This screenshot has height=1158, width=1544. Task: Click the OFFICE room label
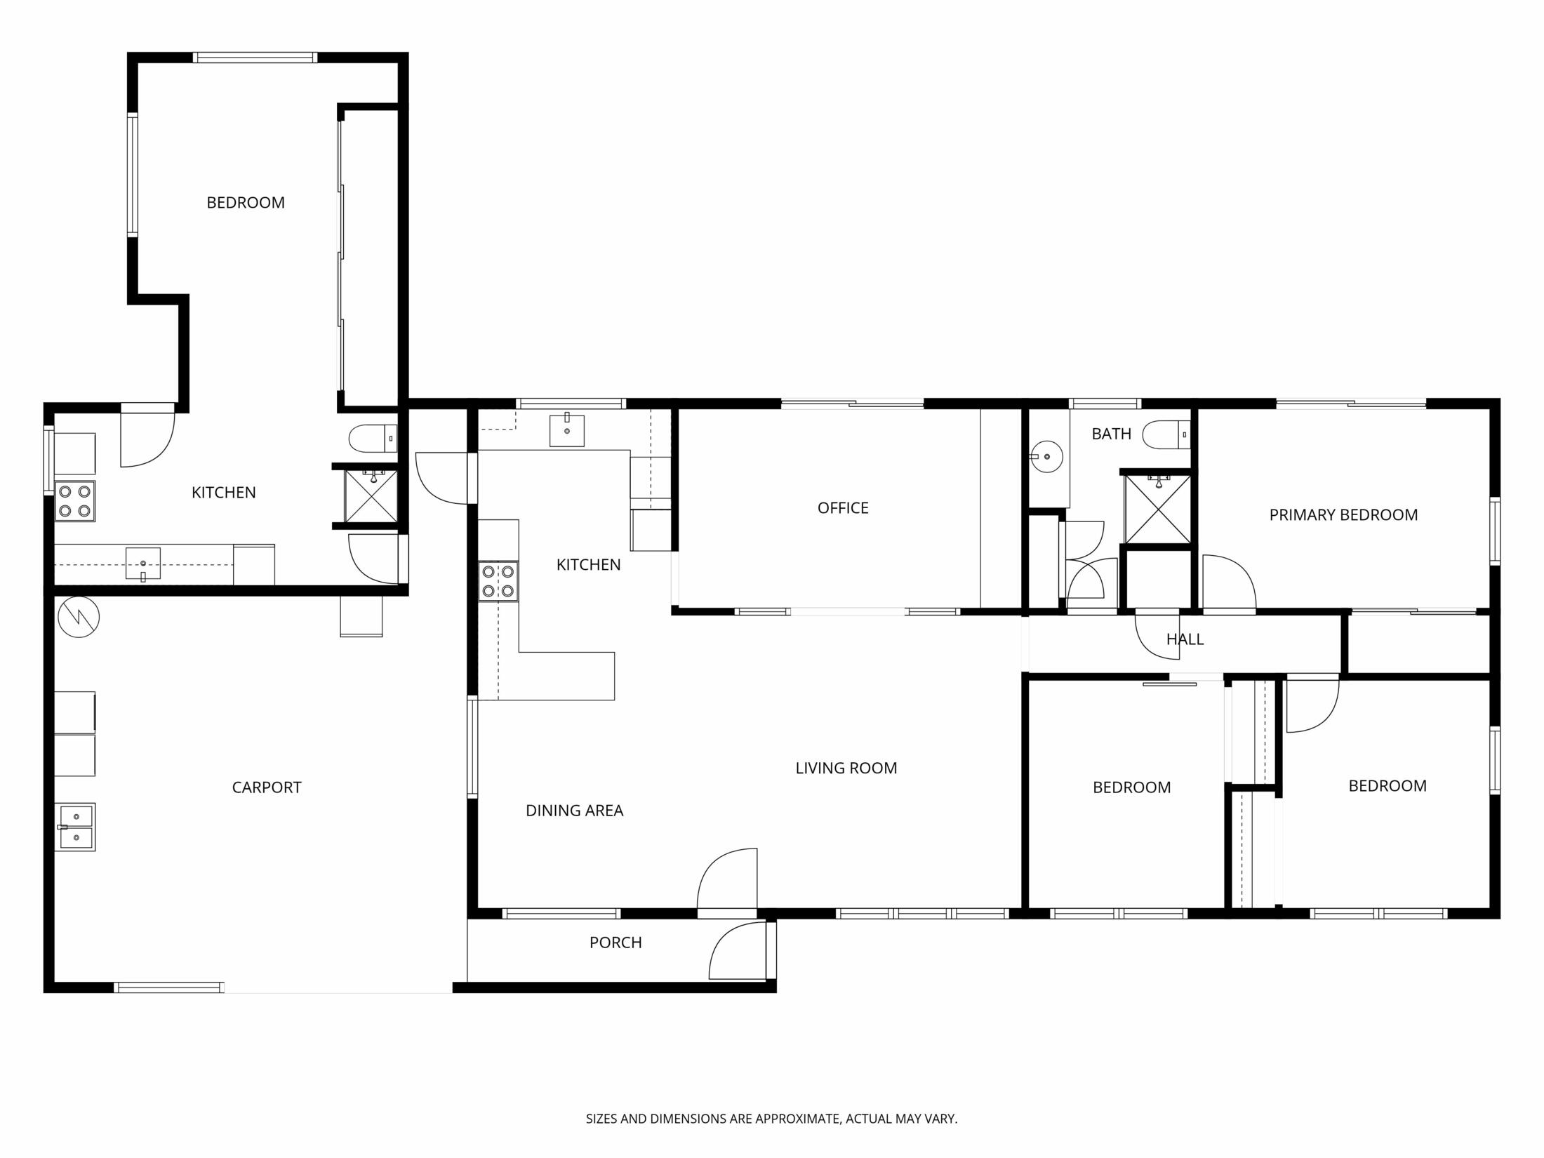pyautogui.click(x=843, y=508)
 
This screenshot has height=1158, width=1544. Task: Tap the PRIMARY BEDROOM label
pyautogui.click(x=1343, y=515)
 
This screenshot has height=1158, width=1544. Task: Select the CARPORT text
pyautogui.click(x=267, y=787)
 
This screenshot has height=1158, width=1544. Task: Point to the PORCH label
pyautogui.click(x=615, y=943)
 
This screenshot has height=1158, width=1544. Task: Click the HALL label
pyautogui.click(x=1185, y=639)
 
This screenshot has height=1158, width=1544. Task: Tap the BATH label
pyautogui.click(x=1111, y=434)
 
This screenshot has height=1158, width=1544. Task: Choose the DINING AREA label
pyautogui.click(x=574, y=811)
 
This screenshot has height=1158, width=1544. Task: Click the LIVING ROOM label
pyautogui.click(x=846, y=768)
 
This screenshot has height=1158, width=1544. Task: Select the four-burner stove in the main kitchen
pyautogui.click(x=498, y=581)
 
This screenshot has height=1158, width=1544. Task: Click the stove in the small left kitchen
pyautogui.click(x=74, y=501)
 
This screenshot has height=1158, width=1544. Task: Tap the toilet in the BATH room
pyautogui.click(x=1166, y=435)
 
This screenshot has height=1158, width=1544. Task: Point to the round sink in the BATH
pyautogui.click(x=1046, y=456)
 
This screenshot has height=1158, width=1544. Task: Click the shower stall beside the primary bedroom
pyautogui.click(x=1157, y=509)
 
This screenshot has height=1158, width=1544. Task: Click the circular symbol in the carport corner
pyautogui.click(x=79, y=617)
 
